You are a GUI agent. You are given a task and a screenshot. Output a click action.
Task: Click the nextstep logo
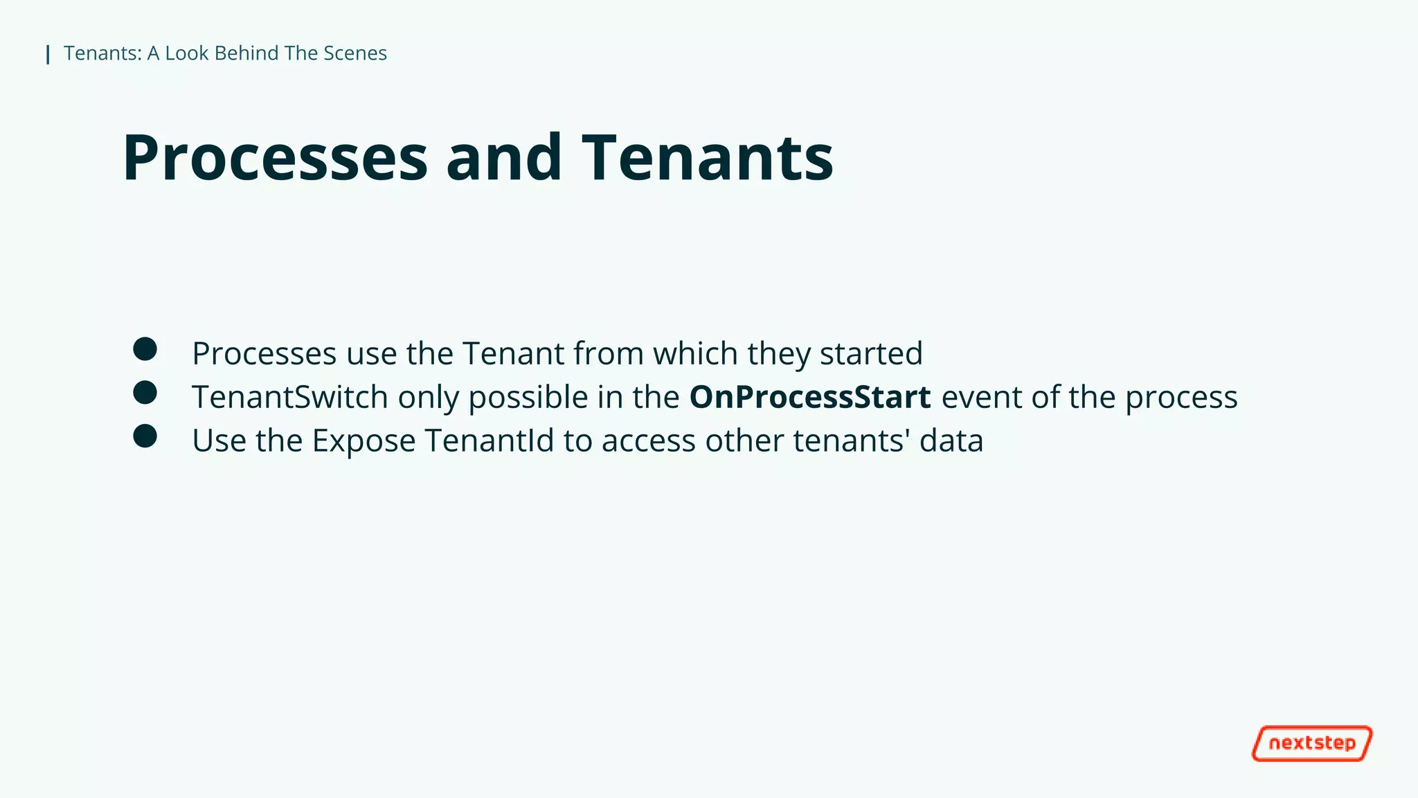pyautogui.click(x=1311, y=743)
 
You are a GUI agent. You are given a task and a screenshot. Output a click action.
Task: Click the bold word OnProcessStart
pyautogui.click(x=809, y=397)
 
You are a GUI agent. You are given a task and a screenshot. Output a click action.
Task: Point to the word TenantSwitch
pyautogui.click(x=289, y=397)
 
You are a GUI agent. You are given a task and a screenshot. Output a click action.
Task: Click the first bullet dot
pyautogui.click(x=145, y=349)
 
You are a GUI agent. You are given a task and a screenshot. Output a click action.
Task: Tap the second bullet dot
pyautogui.click(x=145, y=393)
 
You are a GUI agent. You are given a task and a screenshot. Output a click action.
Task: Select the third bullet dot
pyautogui.click(x=145, y=436)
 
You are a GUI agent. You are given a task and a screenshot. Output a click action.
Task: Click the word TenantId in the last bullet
pyautogui.click(x=489, y=441)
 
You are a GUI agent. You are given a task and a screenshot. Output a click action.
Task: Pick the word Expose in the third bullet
pyautogui.click(x=364, y=441)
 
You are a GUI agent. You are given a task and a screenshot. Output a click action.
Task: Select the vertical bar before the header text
pyautogui.click(x=48, y=54)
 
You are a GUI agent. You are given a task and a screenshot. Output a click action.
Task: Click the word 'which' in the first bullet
pyautogui.click(x=695, y=353)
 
